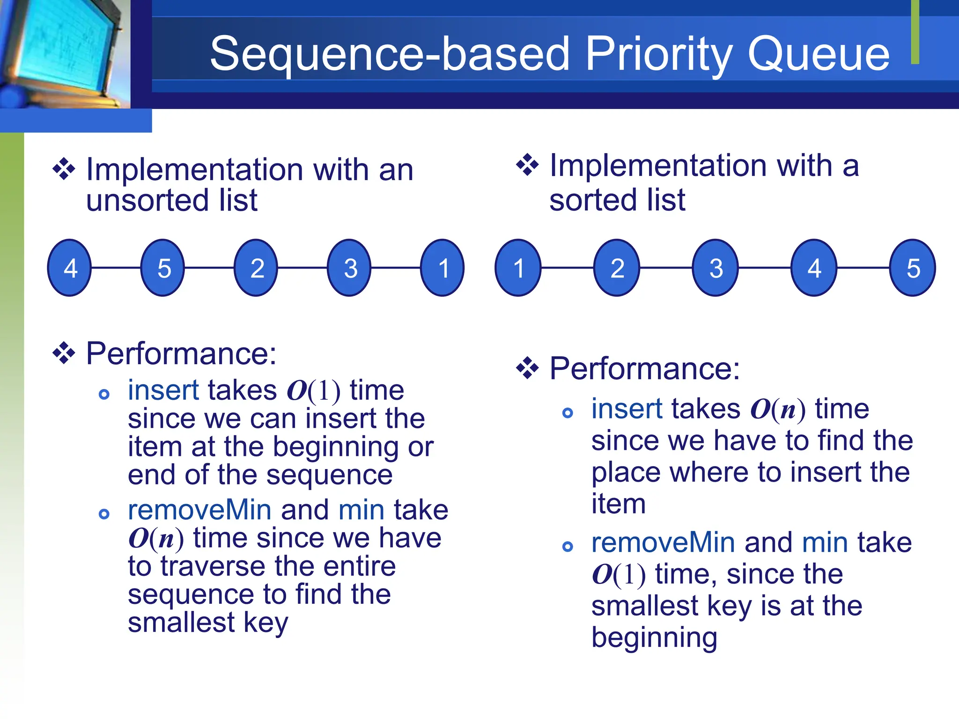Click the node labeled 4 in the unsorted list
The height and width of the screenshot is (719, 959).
(70, 268)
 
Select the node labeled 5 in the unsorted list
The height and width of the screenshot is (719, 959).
(163, 268)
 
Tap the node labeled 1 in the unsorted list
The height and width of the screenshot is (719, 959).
(443, 268)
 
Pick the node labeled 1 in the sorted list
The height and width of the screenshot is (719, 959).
(518, 268)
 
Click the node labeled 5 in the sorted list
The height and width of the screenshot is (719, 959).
(913, 268)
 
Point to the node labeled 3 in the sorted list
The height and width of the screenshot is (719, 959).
(716, 268)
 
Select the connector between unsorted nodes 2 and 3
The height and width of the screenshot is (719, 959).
(302, 268)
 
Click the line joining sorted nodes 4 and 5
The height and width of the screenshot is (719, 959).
(863, 268)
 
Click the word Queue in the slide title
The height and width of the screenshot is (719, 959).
(818, 54)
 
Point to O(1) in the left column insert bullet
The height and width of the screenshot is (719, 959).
(313, 391)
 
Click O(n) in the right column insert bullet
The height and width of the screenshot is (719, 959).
(778, 410)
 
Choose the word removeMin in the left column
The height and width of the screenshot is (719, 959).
(199, 510)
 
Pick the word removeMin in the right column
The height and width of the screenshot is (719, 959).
(663, 543)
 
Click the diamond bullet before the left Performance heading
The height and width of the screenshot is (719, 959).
(64, 353)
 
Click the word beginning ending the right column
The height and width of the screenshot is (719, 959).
(654, 638)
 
